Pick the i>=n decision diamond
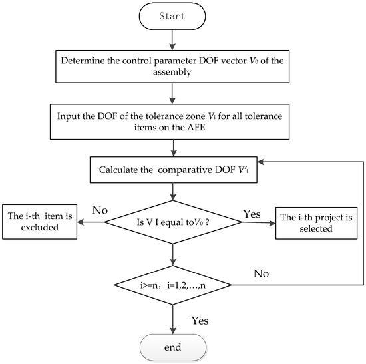173,285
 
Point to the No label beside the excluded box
100,210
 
